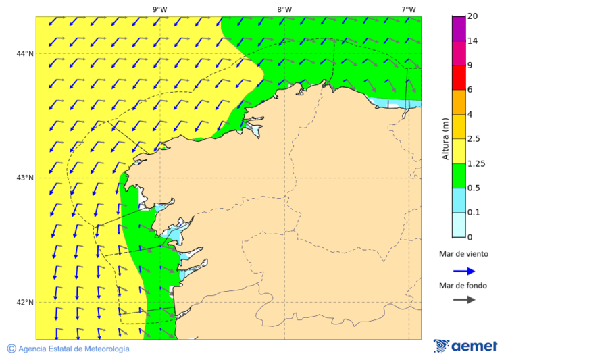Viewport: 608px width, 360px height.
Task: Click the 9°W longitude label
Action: [159, 9]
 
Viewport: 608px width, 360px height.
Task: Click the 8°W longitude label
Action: [284, 9]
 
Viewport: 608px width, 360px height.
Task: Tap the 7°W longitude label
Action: [408, 9]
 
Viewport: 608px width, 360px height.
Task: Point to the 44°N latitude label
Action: [25, 53]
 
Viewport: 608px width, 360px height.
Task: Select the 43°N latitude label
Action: [25, 178]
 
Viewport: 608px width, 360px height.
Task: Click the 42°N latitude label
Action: [25, 302]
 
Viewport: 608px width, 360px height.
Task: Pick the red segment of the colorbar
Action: [459, 78]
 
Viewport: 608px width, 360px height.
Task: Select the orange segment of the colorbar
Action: [459, 102]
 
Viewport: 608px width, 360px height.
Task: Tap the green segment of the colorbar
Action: [459, 176]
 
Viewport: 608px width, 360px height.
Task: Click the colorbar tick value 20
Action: [473, 16]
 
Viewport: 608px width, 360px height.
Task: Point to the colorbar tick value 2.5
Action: [476, 139]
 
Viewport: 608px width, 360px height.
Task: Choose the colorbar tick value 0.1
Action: [476, 213]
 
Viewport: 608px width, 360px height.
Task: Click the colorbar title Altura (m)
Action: [445, 138]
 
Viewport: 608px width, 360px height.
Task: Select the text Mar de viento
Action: [463, 255]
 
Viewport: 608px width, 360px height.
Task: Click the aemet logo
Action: [465, 346]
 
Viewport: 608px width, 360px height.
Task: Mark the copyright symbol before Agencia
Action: [11, 349]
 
